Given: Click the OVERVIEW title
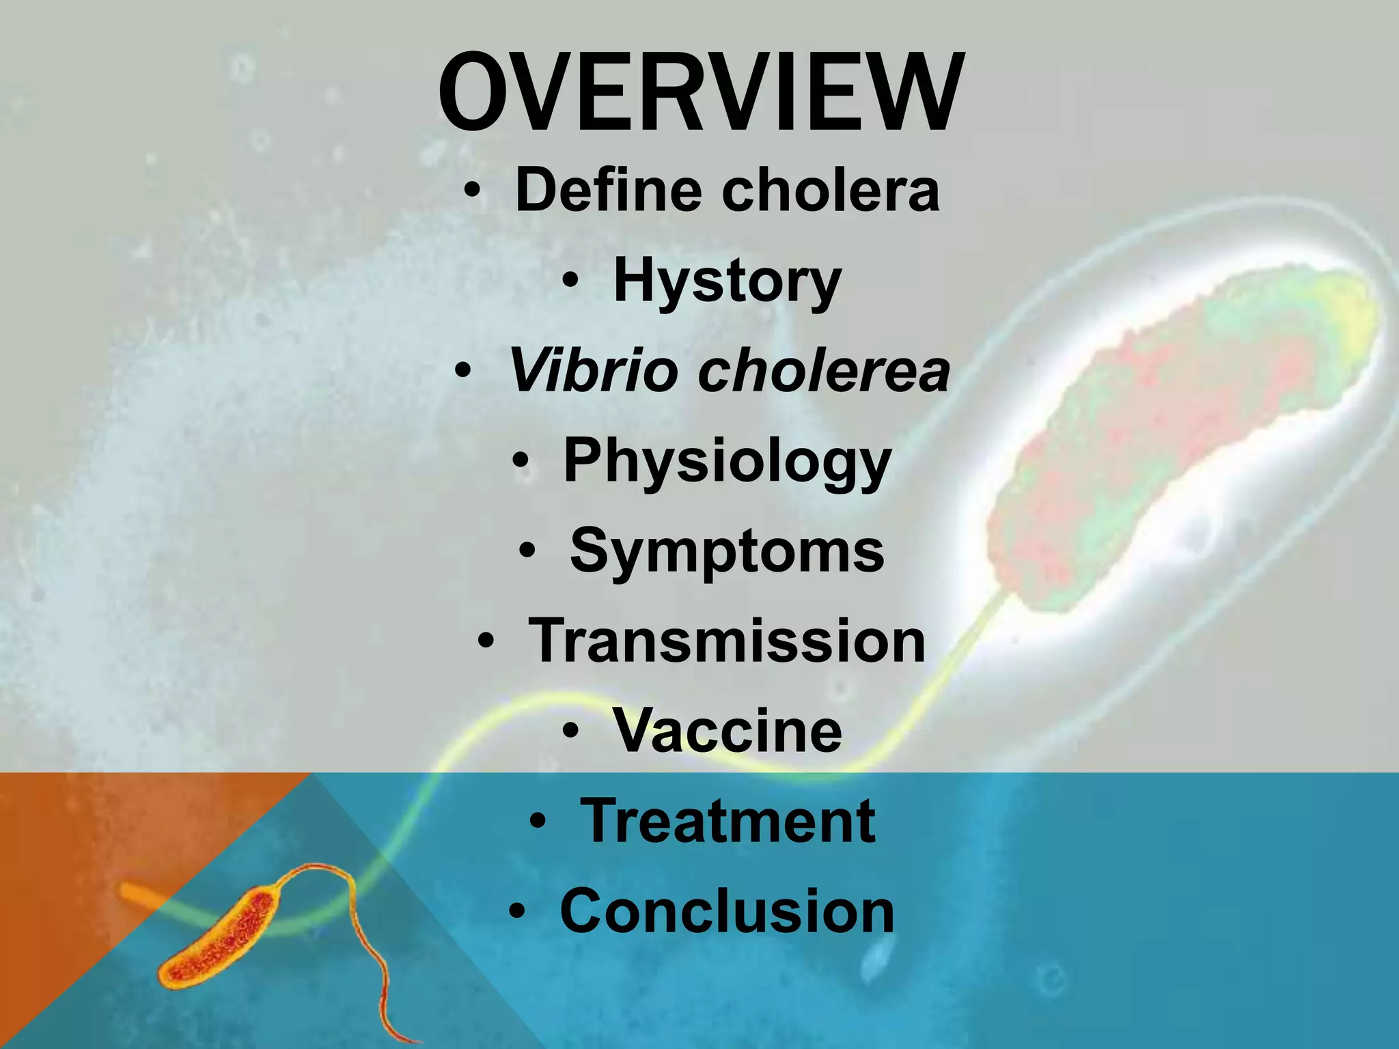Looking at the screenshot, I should click(700, 92).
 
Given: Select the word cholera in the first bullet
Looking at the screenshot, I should click(830, 190).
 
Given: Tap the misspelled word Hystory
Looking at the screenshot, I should click(727, 281).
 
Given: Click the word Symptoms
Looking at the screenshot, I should click(727, 552).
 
